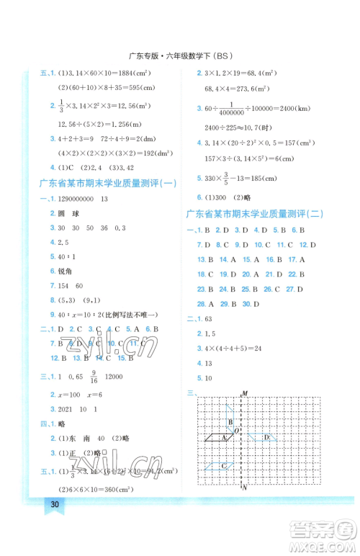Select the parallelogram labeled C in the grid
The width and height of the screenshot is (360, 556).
[222, 467]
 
